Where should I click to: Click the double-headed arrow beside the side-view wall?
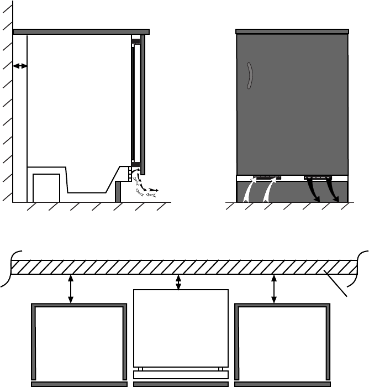pos(20,66)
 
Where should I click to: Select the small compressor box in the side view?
pos(46,188)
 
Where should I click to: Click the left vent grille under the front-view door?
pos(267,178)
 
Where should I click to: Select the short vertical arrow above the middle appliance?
pos(178,282)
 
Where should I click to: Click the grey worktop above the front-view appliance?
pos(292,32)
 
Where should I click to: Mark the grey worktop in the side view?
pos(81,32)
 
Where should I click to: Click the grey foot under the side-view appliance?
pos(118,192)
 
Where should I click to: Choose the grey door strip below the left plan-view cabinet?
pos(79,383)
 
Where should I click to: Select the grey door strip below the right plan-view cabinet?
pos(283,383)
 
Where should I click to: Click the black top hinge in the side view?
pos(135,40)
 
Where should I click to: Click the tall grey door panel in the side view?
pos(143,102)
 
